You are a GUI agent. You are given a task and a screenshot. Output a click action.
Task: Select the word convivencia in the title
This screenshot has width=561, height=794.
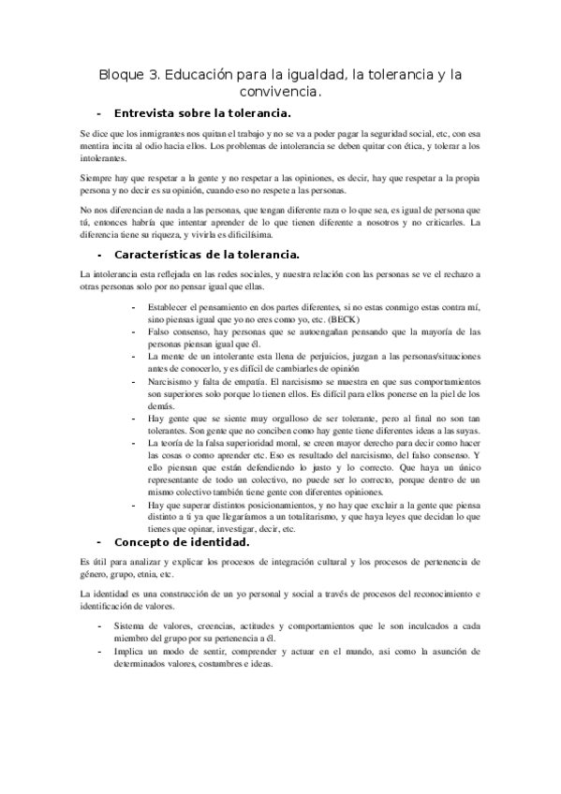[278, 92]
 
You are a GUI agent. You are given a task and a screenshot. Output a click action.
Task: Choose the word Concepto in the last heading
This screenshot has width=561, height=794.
[144, 542]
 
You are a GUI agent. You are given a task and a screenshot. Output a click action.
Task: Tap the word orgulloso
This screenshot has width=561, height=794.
[283, 419]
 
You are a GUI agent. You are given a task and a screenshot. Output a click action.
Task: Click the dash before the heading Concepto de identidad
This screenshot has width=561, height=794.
[100, 542]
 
